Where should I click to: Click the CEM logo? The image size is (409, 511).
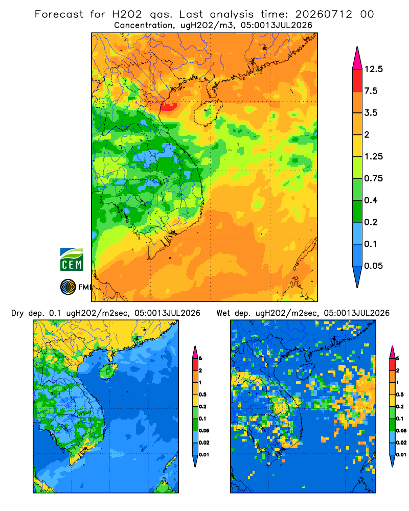tap(72, 259)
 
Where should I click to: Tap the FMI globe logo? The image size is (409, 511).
tap(68, 287)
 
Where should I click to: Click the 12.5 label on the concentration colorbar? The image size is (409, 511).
tap(373, 69)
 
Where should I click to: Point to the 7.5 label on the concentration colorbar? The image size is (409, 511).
tap(371, 91)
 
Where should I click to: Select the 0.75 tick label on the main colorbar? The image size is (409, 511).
tap(373, 178)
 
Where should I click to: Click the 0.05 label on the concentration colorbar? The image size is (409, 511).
tap(373, 266)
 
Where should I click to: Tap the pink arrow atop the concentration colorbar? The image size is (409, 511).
tap(357, 58)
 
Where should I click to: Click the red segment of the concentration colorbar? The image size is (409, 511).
tap(357, 80)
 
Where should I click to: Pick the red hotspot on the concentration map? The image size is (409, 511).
tap(169, 107)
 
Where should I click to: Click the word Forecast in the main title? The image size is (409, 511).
tap(59, 14)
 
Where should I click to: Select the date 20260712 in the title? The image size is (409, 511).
tap(324, 14)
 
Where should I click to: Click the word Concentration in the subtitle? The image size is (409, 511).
tap(143, 26)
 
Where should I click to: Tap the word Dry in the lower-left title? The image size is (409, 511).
tap(17, 313)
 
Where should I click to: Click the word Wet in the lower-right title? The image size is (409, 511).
tap(223, 313)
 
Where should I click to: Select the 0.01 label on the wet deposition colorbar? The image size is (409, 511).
tap(401, 455)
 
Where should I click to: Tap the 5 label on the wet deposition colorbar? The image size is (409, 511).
tap(397, 359)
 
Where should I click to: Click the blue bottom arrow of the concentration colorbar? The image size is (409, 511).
tap(357, 276)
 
